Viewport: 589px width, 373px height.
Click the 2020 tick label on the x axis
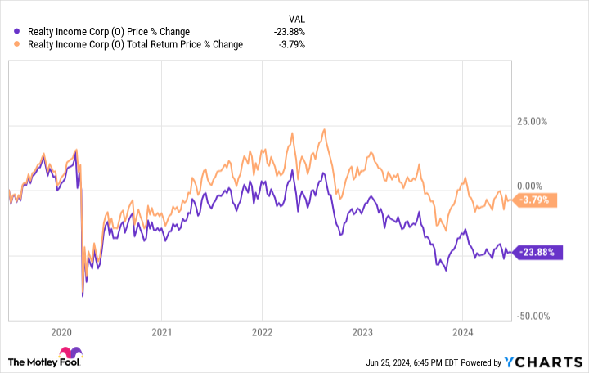pos(61,332)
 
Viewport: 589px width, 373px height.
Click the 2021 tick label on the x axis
pos(161,332)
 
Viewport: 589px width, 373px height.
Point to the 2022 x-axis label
pos(262,332)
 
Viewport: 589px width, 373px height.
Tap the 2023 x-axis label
pos(362,332)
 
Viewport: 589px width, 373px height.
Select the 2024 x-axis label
pos(462,332)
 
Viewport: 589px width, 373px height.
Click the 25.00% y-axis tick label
pos(532,122)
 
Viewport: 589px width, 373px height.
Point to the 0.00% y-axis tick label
pos(534,186)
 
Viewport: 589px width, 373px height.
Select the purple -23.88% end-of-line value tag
pos(537,252)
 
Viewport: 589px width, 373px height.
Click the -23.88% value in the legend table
pos(290,32)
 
